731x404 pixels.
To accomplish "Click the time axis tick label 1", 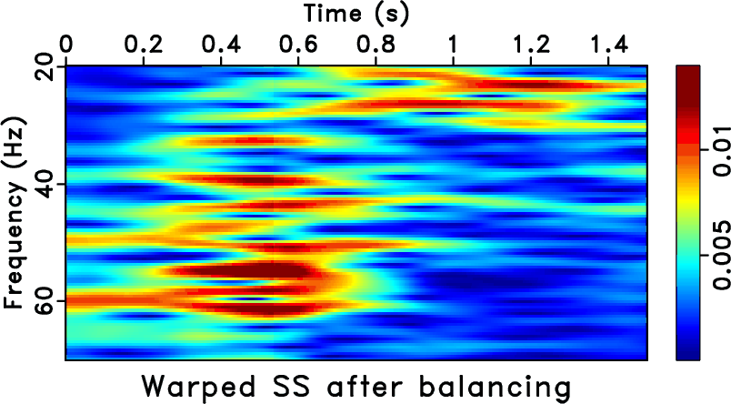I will (x=453, y=44).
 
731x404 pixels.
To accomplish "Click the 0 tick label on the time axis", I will (x=65, y=44).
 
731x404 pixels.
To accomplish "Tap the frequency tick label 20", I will (x=44, y=67).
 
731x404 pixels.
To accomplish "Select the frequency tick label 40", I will (x=44, y=184).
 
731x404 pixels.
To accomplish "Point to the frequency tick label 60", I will (x=44, y=299).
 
